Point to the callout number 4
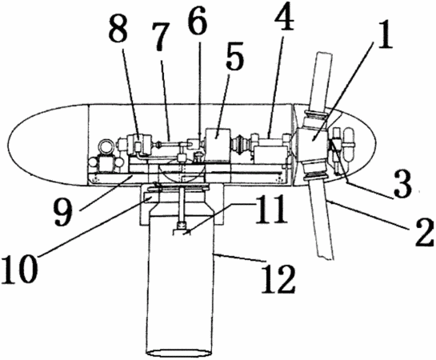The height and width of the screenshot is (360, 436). [x=284, y=16]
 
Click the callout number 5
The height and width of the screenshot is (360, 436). [x=234, y=58]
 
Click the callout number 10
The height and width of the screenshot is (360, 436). [x=19, y=267]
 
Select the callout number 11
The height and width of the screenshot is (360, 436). [x=270, y=209]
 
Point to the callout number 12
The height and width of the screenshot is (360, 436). [x=278, y=278]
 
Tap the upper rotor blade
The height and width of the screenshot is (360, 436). [x=321, y=82]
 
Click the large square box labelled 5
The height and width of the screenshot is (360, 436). [x=217, y=145]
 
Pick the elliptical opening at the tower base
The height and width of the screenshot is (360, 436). [x=180, y=353]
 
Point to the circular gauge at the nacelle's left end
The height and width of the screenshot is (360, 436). [x=104, y=145]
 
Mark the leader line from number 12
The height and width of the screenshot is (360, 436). [x=239, y=257]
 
